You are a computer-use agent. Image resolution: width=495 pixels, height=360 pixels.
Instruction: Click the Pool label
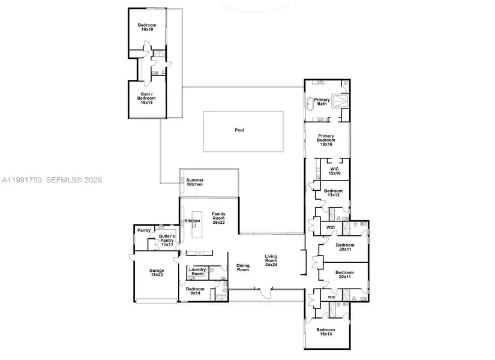pyautogui.click(x=239, y=130)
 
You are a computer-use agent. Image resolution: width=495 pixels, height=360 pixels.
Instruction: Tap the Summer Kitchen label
pyautogui.click(x=194, y=182)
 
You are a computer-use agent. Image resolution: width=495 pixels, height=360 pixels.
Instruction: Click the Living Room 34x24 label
pyautogui.click(x=272, y=260)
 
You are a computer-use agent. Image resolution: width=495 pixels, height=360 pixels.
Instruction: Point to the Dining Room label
pyautogui.click(x=242, y=268)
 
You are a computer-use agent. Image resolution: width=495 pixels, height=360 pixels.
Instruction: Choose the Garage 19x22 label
pyautogui.click(x=156, y=273)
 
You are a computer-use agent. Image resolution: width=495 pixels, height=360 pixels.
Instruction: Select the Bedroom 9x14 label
pyautogui.click(x=195, y=291)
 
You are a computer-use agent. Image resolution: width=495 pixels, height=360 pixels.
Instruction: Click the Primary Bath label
pyautogui.click(x=322, y=102)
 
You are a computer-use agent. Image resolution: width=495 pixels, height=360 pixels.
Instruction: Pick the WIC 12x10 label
pyautogui.click(x=335, y=171)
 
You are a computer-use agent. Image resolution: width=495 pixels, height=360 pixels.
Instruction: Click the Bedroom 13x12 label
pyautogui.click(x=332, y=193)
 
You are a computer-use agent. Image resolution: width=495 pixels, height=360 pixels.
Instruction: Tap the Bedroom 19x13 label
pyautogui.click(x=325, y=332)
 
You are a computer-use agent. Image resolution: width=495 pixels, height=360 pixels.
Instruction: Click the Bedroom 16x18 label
pyautogui.click(x=146, y=27)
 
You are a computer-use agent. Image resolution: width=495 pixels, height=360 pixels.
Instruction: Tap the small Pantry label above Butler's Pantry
pyautogui.click(x=144, y=230)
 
